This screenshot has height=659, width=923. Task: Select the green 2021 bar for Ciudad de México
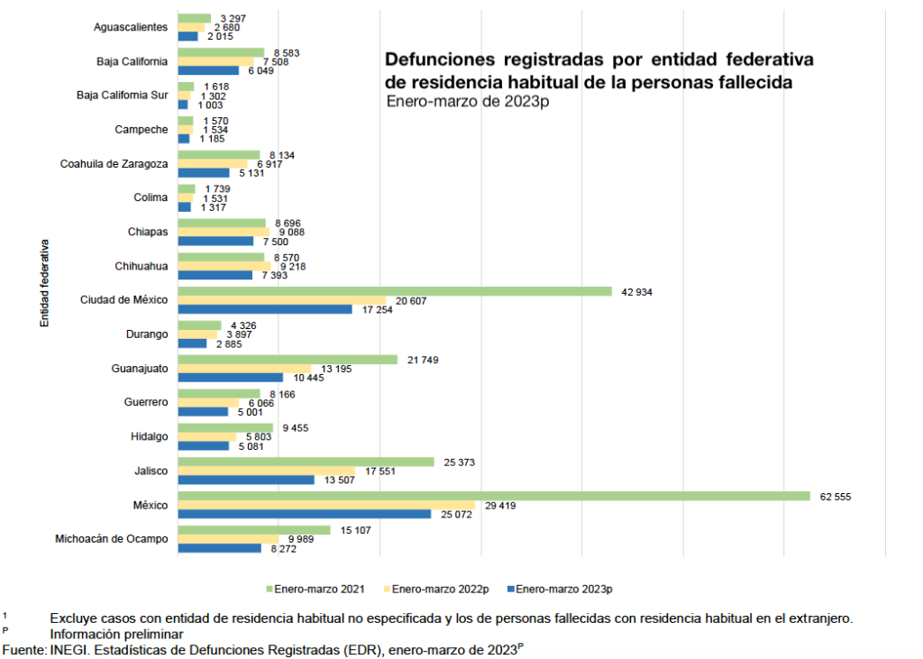coord(395,291)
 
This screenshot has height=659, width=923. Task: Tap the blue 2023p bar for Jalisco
coord(246,480)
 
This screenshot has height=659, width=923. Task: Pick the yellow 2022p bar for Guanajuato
coord(244,368)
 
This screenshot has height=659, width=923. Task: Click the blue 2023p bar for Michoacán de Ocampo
coord(220,548)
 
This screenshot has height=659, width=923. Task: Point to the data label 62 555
coord(834,496)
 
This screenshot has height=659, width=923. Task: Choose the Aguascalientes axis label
coord(131,27)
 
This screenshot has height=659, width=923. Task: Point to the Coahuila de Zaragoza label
coord(114,163)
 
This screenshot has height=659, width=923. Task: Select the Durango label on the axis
coord(148,334)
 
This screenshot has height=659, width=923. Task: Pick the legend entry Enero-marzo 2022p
coord(441,589)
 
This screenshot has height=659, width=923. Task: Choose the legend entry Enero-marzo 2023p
coord(564,589)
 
